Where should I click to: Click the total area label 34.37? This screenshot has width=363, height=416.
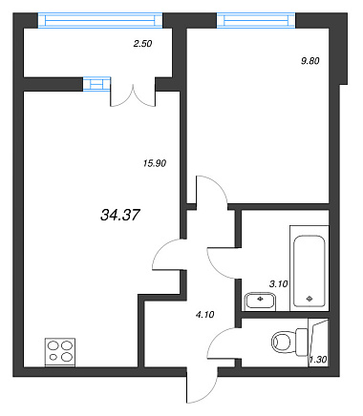pos(120,215)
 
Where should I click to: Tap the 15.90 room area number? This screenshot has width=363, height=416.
pos(155,163)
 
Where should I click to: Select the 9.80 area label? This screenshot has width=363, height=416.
pos(310,61)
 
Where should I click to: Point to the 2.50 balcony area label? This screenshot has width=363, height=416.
pos(142,44)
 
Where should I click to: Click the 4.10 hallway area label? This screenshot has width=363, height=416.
pos(204,315)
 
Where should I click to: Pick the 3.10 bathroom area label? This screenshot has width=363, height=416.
pos(279,284)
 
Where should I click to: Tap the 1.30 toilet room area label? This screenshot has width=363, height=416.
pos(318,360)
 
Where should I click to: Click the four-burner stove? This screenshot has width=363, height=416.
pos(60,352)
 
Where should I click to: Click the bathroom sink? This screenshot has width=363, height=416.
pos(260,301)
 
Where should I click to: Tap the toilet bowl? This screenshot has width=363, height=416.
pos(289,343)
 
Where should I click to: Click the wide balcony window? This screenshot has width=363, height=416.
pos(100,21)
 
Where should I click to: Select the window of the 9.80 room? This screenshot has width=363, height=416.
pos(256,21)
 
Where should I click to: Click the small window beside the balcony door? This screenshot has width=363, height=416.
pos(96,84)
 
